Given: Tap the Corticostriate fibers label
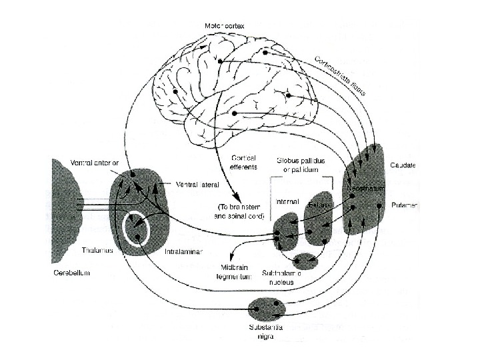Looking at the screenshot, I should point(341,75).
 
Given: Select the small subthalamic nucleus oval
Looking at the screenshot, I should point(305,259).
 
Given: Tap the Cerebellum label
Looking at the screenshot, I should point(71,273).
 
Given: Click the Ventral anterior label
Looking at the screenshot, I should point(95,161).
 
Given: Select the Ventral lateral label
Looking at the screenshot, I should point(196,184).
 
